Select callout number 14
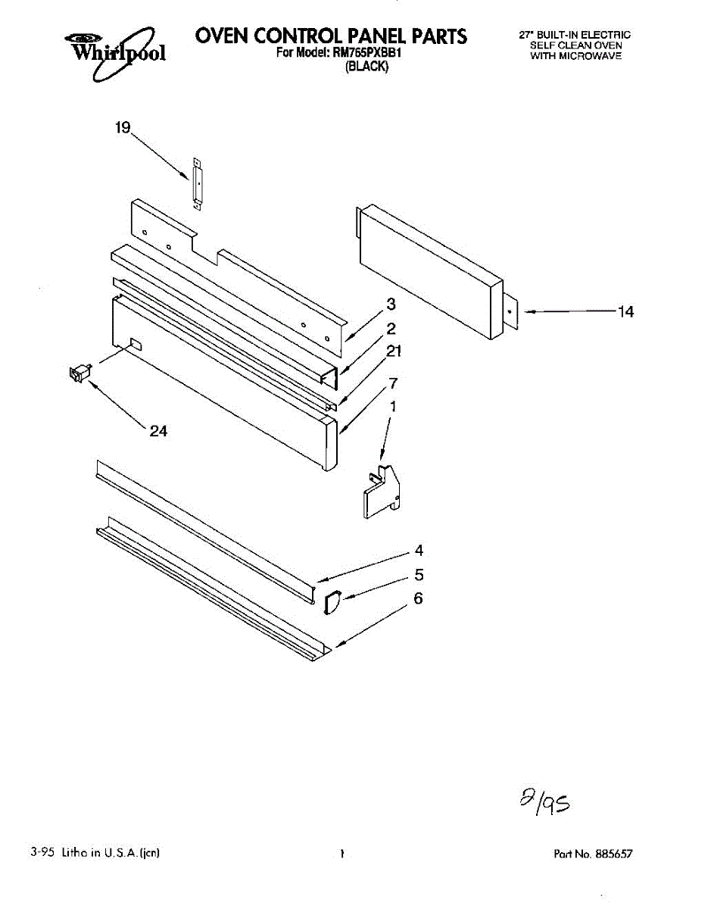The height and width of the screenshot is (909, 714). (x=625, y=311)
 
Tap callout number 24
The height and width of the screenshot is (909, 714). (x=158, y=431)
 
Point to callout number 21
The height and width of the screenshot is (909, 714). (x=394, y=351)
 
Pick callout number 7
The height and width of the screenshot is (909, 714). (x=393, y=383)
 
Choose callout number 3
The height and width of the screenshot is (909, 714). (x=391, y=305)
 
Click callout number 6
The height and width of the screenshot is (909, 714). (x=418, y=599)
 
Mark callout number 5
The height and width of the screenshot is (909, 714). (x=419, y=575)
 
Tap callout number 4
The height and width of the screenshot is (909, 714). (x=419, y=551)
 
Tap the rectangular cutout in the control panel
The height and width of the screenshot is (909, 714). (x=135, y=345)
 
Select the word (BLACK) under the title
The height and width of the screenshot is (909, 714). (x=366, y=67)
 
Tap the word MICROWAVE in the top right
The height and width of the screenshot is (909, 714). (x=596, y=56)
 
